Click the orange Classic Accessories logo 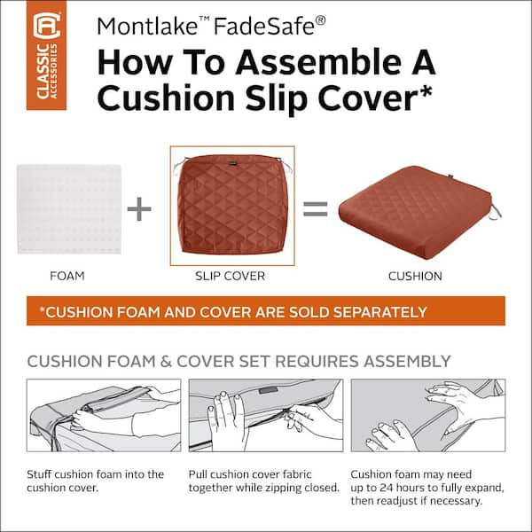pyautogui.click(x=46, y=55)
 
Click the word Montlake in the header pyautogui.click(x=147, y=26)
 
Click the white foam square pyautogui.click(x=69, y=209)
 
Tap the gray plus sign pyautogui.click(x=139, y=208)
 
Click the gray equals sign pyautogui.click(x=315, y=208)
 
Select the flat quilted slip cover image pyautogui.click(x=232, y=206)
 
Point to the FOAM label pyautogui.click(x=67, y=276)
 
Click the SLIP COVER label pyautogui.click(x=230, y=276)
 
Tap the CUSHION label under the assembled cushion pyautogui.click(x=415, y=276)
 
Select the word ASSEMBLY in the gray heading pyautogui.click(x=407, y=362)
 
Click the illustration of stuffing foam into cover pyautogui.click(x=104, y=415)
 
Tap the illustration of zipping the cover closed pyautogui.click(x=266, y=415)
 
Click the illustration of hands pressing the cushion pyautogui.click(x=428, y=415)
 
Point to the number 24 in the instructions pyautogui.click(x=387, y=488)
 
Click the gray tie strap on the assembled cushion pyautogui.click(x=496, y=212)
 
